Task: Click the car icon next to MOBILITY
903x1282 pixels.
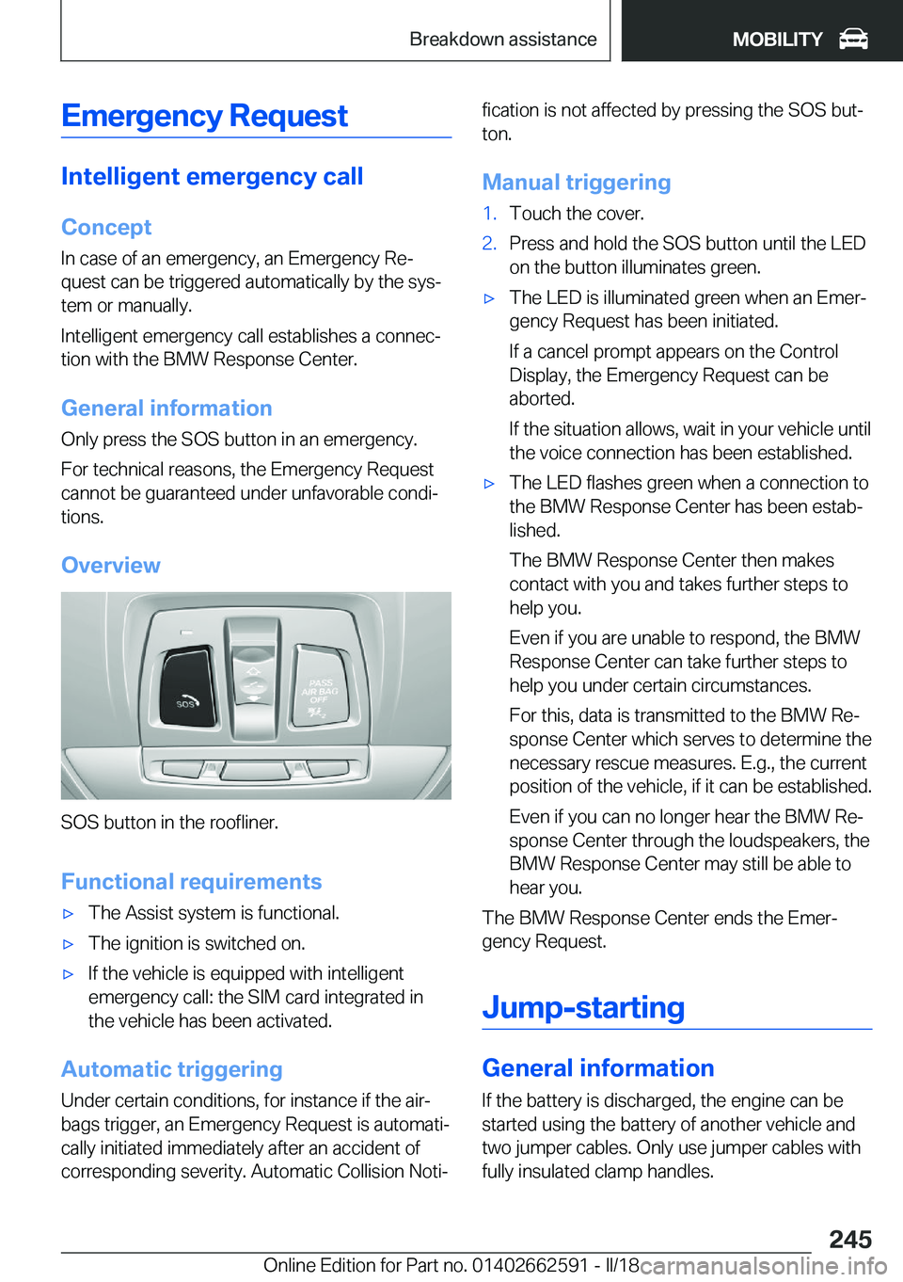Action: coord(853,39)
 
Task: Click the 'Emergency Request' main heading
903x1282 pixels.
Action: coord(204,116)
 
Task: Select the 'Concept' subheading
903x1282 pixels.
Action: coord(106,227)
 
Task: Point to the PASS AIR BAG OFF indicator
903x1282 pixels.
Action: coord(320,691)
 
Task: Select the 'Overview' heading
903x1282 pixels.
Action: coord(111,565)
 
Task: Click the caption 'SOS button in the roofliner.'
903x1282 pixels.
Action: coord(169,822)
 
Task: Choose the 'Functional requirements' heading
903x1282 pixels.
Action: coord(192,881)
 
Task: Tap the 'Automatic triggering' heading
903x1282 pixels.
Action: coord(172,1069)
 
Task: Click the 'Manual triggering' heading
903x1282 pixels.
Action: coord(577,183)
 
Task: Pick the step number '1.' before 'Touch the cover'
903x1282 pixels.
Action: coord(489,214)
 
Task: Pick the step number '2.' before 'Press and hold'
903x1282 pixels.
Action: coord(489,244)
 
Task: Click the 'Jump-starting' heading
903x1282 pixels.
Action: coord(583,1007)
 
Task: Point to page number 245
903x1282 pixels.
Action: coord(850,1239)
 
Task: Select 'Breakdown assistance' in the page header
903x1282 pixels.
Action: coord(503,40)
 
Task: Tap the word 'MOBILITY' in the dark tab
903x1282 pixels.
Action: coord(777,40)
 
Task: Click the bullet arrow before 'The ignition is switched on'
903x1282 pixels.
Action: coord(68,944)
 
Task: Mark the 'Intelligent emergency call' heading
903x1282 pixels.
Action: coord(213,176)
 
